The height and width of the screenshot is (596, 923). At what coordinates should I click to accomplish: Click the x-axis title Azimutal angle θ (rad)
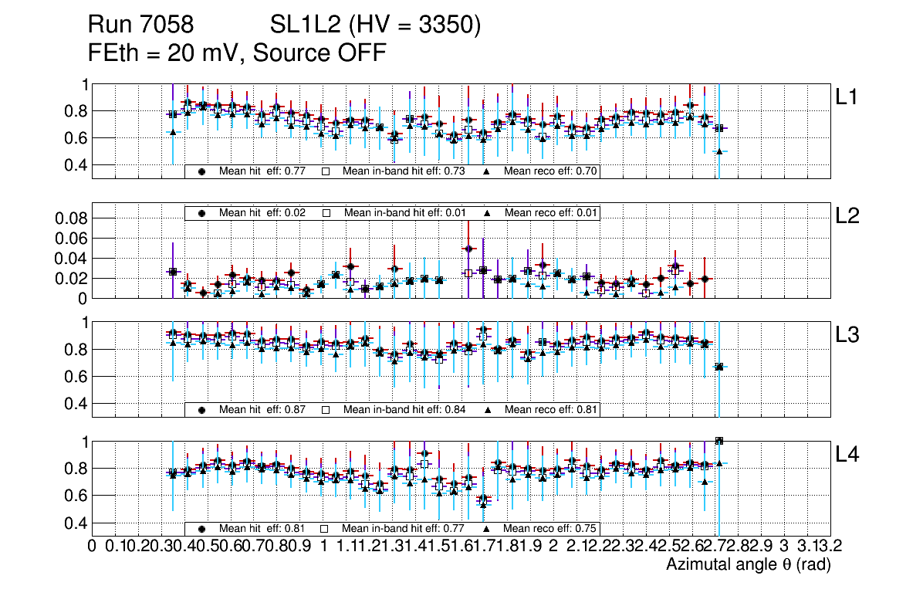tap(748, 565)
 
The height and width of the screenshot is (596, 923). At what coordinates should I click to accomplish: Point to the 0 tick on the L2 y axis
tap(82, 298)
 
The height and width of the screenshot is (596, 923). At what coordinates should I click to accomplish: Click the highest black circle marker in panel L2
tap(468, 249)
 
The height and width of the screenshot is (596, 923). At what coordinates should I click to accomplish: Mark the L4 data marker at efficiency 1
tap(719, 441)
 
